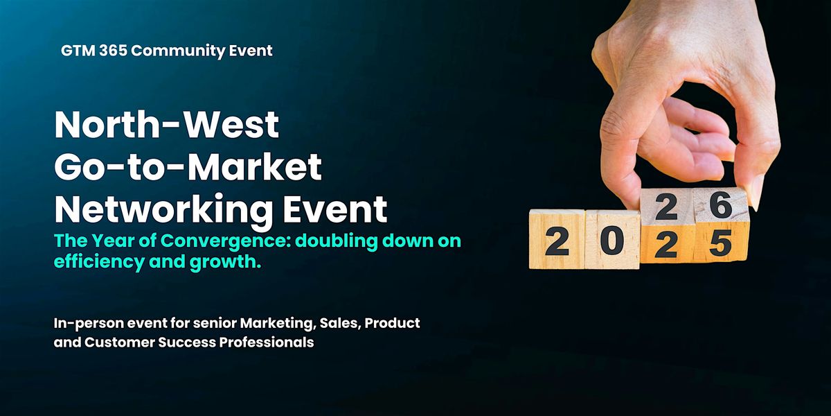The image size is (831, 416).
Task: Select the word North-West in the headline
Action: click(x=166, y=125)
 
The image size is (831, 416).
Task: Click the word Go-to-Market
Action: click(x=188, y=167)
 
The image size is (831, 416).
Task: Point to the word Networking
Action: click(x=138, y=208)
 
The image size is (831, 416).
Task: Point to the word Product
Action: click(x=395, y=323)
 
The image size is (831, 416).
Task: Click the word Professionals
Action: click(x=269, y=343)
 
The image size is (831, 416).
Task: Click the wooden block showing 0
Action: click(x=611, y=241)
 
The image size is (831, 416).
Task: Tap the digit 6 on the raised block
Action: click(x=720, y=205)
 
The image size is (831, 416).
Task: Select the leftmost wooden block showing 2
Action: click(x=557, y=241)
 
